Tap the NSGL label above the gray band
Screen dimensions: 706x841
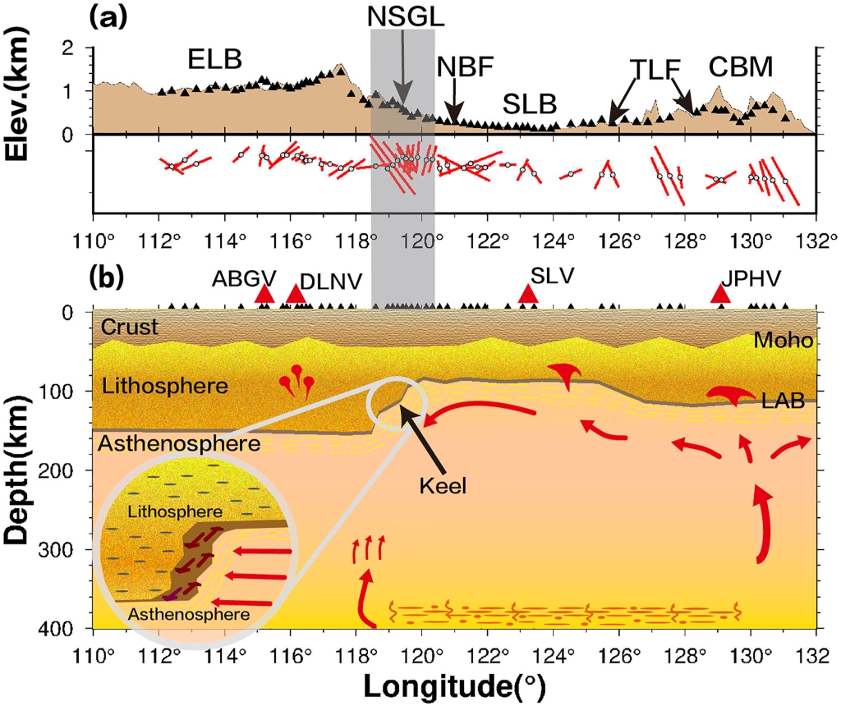402,17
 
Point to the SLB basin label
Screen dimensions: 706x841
530,104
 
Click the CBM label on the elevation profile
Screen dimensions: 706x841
742,67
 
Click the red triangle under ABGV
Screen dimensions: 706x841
264,294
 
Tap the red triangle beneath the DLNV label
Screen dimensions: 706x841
296,294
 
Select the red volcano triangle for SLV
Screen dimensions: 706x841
528,293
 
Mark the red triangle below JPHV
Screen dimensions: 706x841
721,293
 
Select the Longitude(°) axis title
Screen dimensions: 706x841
454,684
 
